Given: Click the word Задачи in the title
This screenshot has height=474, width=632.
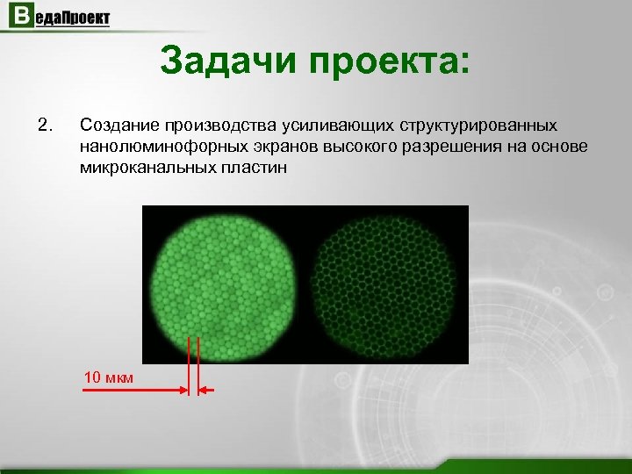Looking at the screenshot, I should pos(228,61).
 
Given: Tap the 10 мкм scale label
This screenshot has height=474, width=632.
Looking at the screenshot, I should pos(109,377).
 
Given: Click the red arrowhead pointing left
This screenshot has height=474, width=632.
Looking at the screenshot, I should pos(203,391).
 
